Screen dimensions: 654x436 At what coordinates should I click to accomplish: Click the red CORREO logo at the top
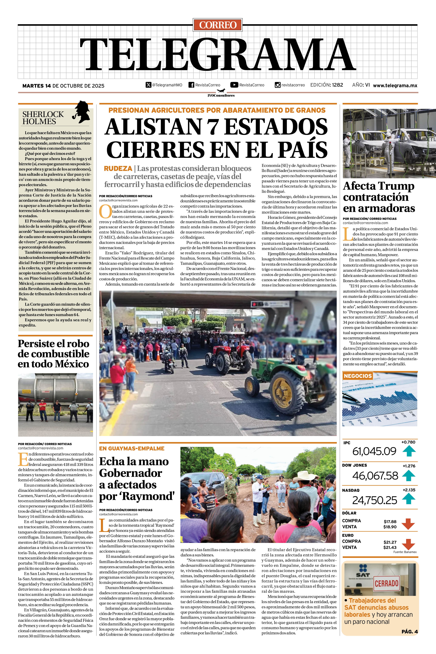(x=218, y=25)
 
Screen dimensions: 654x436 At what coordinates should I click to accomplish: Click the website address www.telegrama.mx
(x=395, y=86)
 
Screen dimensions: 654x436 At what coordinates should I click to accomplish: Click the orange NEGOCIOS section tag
(x=358, y=376)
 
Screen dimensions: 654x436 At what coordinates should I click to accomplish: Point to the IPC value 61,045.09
(x=374, y=451)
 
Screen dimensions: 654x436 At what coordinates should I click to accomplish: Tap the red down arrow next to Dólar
(x=408, y=524)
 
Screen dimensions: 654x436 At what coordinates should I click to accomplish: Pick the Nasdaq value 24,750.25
(x=375, y=500)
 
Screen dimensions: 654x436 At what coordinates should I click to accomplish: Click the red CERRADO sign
(x=386, y=583)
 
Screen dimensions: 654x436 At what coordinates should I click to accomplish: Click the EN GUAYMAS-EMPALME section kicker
(x=132, y=448)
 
